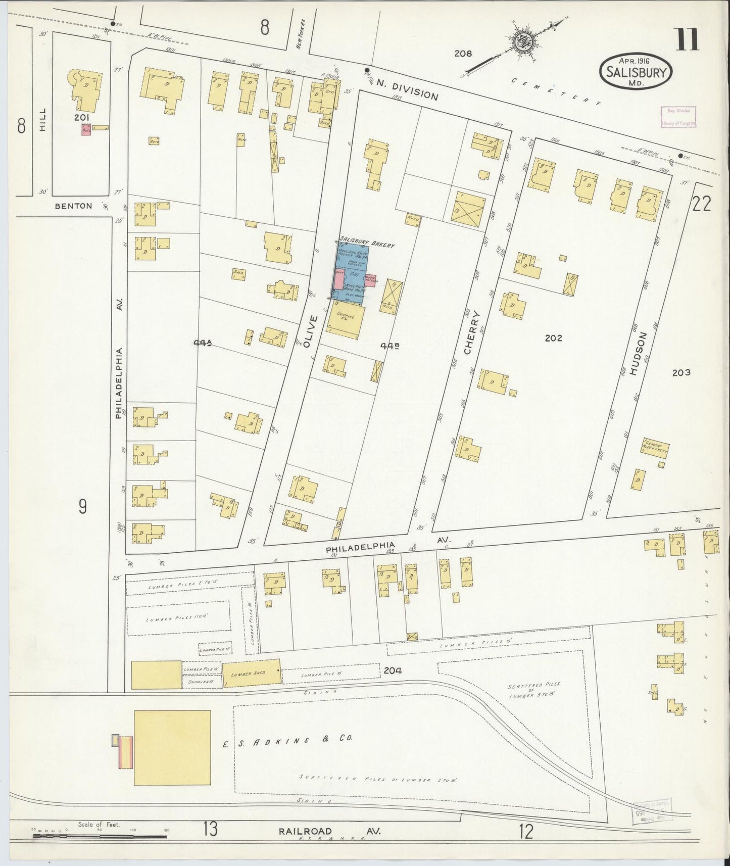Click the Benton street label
74,206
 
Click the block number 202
554,338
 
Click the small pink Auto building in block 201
86,130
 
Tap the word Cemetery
556,91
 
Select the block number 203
681,372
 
